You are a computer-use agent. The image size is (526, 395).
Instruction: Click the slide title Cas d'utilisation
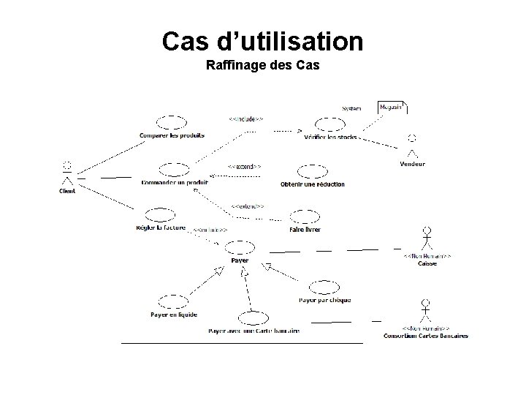(x=262, y=41)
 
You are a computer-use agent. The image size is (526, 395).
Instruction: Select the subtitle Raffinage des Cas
(x=263, y=67)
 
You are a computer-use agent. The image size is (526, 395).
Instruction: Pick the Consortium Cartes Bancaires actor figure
(x=426, y=309)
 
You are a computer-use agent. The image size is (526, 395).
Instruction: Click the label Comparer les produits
(x=172, y=135)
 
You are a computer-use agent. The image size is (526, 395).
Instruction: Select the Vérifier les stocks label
(x=327, y=137)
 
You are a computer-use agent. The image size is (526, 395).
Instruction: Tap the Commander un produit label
(x=175, y=182)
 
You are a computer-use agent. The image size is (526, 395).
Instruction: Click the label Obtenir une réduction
(x=312, y=184)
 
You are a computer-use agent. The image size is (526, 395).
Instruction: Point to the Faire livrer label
(x=305, y=229)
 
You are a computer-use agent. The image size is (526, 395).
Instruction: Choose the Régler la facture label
(x=161, y=227)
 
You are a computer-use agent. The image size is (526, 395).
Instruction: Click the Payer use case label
(x=240, y=260)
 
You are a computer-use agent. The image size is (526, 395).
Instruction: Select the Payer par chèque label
(x=324, y=300)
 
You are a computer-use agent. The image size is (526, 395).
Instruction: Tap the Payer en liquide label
(x=174, y=315)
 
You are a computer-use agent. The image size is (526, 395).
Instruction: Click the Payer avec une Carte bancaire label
(x=254, y=331)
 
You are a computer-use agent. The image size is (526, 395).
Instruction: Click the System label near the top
(x=352, y=109)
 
